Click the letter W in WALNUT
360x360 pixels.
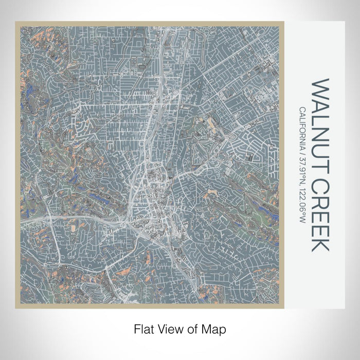point(318,89)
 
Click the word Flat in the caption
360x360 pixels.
point(142,328)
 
